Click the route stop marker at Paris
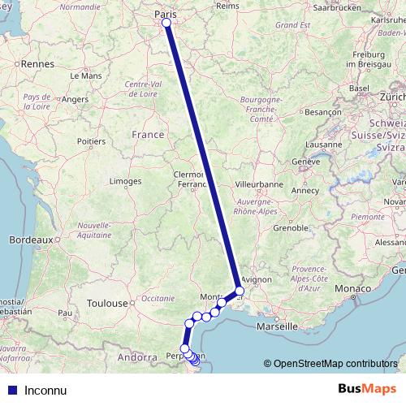(166, 23)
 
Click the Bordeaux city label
(31, 240)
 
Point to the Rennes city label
(36, 63)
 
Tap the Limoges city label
(125, 180)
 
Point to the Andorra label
(136, 356)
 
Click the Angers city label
(75, 99)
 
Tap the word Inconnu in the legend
(45, 390)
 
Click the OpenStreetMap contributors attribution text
(335, 365)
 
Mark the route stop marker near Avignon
(240, 291)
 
